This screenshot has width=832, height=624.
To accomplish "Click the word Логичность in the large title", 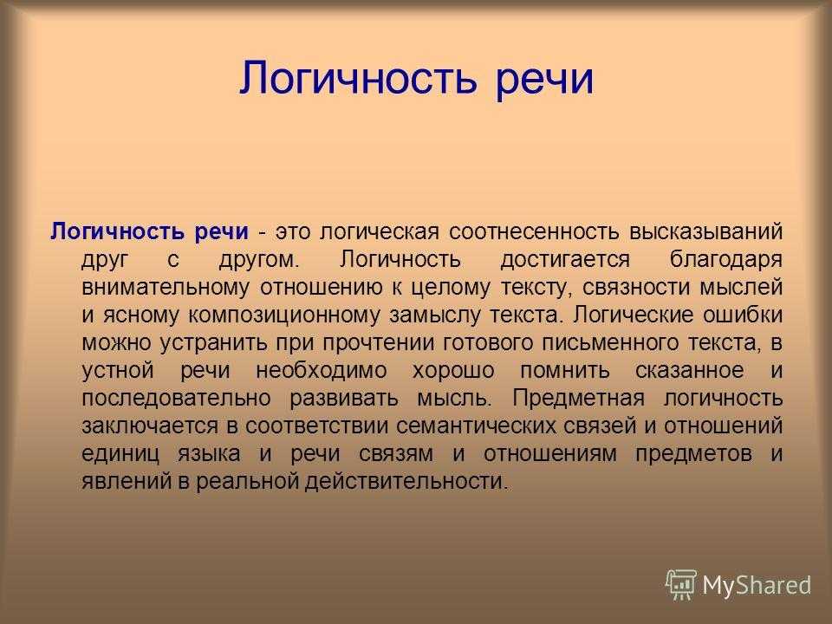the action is (358, 79).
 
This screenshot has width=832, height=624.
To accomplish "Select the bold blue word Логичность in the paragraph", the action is (118, 231).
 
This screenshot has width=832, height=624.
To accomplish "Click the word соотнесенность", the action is (534, 231).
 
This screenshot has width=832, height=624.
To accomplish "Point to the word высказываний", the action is (706, 232).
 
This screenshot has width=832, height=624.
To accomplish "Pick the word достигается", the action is (565, 260).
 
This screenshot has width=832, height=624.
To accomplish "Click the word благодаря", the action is (726, 260).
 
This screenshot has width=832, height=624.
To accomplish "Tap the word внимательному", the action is (165, 288).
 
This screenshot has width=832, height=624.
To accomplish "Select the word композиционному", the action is (284, 315).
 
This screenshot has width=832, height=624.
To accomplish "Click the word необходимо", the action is (322, 370).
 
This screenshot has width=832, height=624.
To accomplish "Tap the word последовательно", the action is (176, 398).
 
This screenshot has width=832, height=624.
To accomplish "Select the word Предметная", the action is (578, 398).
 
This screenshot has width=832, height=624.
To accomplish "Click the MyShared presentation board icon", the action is (681, 585).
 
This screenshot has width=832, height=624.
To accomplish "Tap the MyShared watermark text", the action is (757, 585).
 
